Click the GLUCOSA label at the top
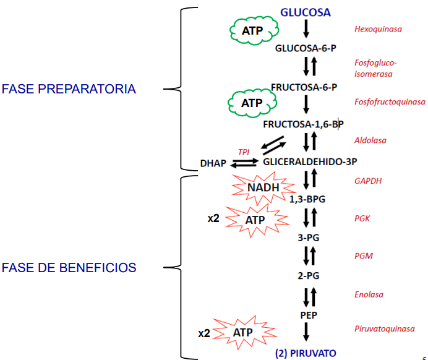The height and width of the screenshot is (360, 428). click(306, 12)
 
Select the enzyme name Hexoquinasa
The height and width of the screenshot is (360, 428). click(378, 29)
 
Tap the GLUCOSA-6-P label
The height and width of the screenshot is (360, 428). click(306, 48)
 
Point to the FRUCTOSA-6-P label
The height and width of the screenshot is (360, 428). click(304, 87)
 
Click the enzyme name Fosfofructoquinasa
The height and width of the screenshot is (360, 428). click(390, 102)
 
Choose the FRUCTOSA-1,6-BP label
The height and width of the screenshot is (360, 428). click(303, 124)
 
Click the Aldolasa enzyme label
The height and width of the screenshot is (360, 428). click(370, 140)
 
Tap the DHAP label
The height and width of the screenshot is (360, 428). click(213, 163)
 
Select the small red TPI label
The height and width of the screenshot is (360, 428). click(244, 152)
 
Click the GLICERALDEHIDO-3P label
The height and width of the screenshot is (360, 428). click(310, 162)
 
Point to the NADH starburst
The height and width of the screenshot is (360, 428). click(263, 188)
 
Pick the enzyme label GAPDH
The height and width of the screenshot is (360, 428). click(368, 181)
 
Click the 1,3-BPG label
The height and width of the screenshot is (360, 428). click(307, 199)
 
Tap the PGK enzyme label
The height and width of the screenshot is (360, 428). click(362, 218)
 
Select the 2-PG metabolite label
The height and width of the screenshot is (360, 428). click(309, 276)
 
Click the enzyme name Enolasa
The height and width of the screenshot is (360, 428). click(369, 294)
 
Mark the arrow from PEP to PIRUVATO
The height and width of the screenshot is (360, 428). click(306, 332)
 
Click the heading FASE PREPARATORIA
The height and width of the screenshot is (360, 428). click(69, 89)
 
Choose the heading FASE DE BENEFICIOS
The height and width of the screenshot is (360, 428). click(69, 268)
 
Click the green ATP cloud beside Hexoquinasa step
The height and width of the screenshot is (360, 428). click(254, 30)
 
